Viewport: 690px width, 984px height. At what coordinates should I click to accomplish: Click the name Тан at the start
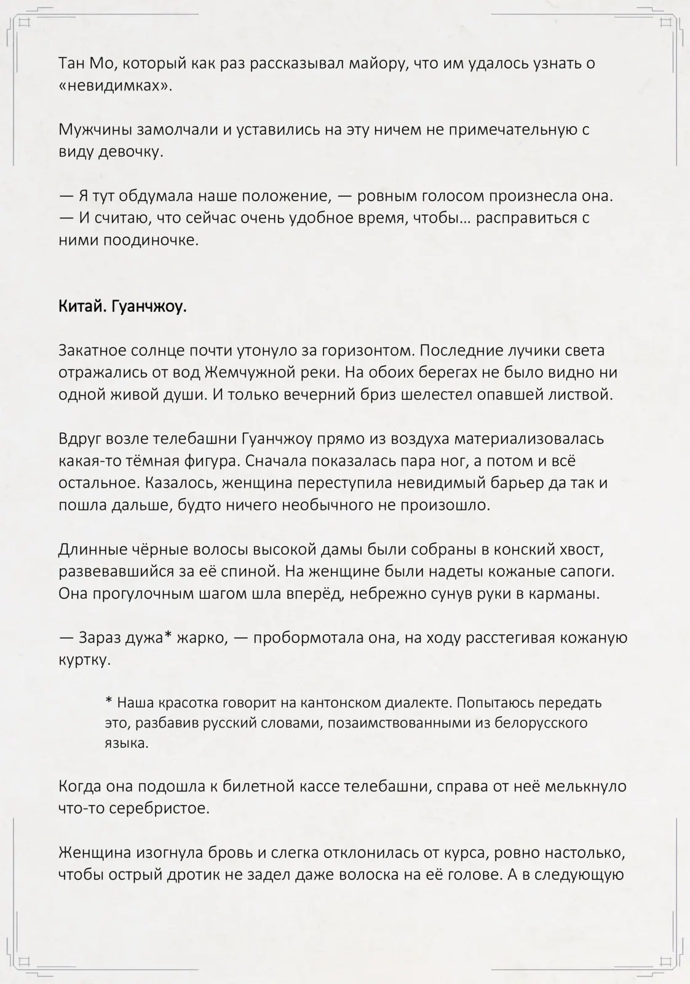tap(71, 63)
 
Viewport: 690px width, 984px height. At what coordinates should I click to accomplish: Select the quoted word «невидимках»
tap(116, 86)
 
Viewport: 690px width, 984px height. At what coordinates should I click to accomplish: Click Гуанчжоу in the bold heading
tap(149, 307)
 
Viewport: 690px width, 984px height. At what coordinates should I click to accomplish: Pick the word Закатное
tap(92, 351)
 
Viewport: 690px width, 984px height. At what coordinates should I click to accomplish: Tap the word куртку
tap(85, 660)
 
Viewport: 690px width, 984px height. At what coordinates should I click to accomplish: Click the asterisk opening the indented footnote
tap(109, 701)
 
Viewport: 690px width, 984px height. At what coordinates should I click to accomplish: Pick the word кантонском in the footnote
tap(332, 702)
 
